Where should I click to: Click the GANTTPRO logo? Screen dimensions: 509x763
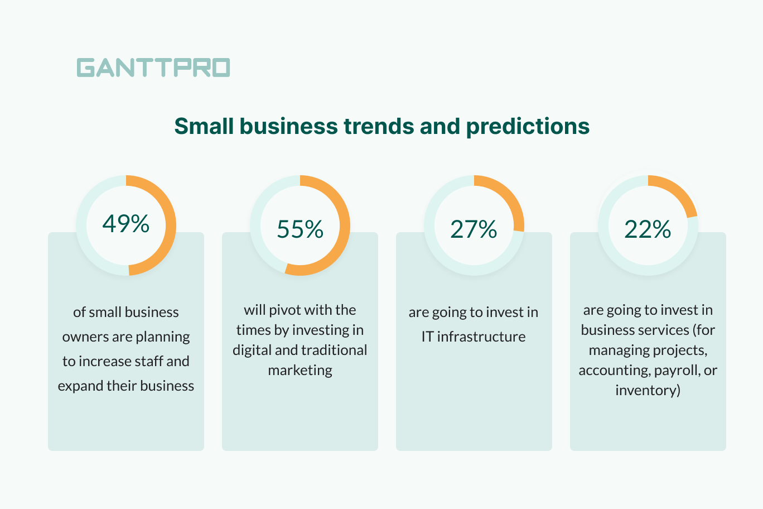pos(153,68)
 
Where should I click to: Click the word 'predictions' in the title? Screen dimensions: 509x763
pos(528,127)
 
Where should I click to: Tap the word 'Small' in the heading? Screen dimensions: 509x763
pos(204,126)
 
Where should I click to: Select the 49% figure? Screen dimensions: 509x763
pos(126,224)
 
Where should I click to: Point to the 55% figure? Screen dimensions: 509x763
pos(300,229)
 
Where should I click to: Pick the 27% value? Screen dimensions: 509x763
pos(474,229)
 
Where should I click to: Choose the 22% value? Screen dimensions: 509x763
pos(648,229)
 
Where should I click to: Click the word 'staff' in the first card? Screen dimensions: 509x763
pos(147,361)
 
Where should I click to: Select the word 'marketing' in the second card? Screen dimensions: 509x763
pos(300,370)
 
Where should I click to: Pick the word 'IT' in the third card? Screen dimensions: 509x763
pos(427,337)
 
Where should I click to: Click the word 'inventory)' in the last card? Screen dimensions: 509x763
pos(648,390)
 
